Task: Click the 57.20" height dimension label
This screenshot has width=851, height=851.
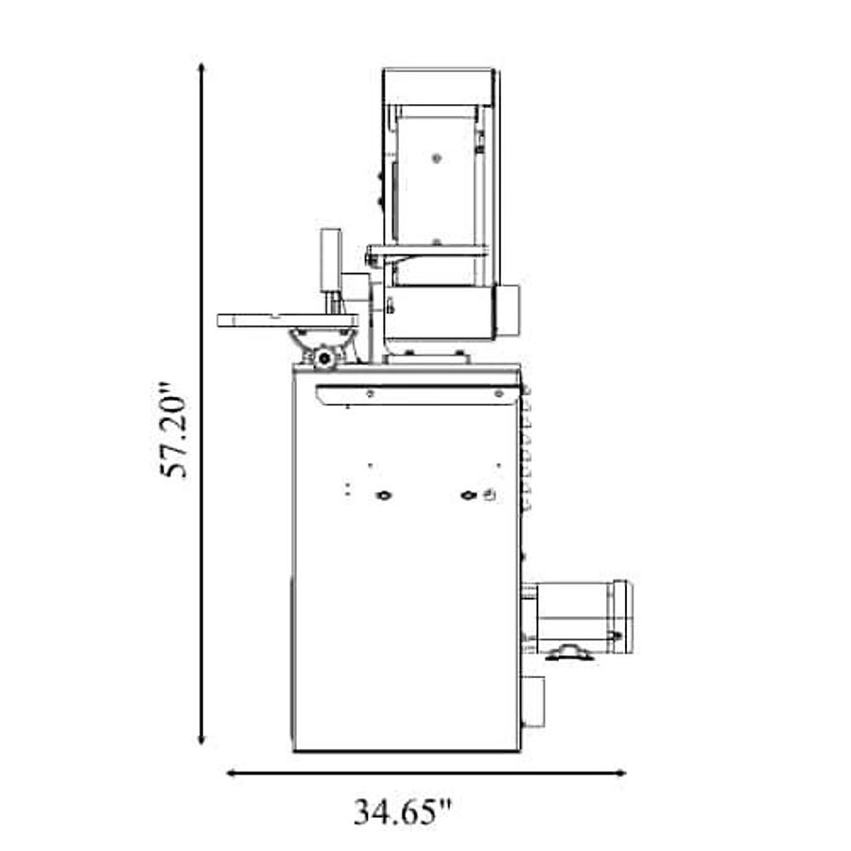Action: click(x=174, y=430)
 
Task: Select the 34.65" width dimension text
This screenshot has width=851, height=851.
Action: click(x=402, y=812)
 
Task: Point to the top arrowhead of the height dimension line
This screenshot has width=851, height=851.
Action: click(x=201, y=68)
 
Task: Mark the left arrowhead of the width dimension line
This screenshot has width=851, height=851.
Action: click(x=233, y=773)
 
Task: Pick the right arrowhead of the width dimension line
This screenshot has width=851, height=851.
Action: click(x=619, y=773)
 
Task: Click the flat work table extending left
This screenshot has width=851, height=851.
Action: click(x=287, y=321)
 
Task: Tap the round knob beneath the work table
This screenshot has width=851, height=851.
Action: click(x=324, y=358)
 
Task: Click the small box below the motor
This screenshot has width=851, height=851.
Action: click(x=533, y=702)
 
